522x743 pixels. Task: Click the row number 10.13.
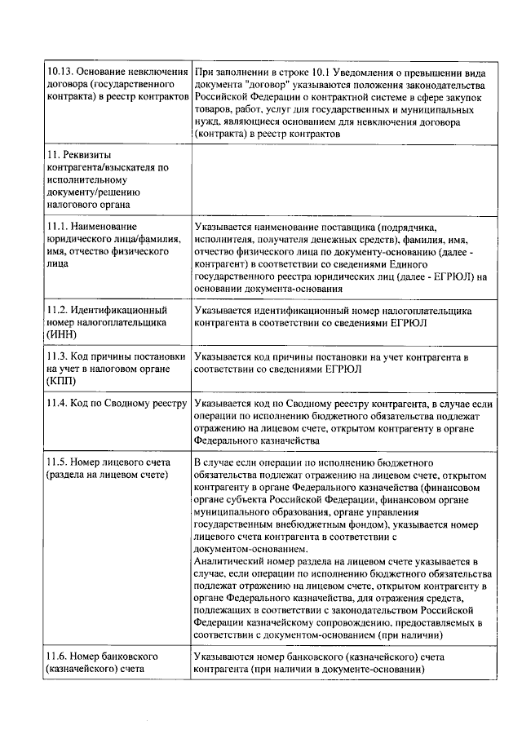(60, 73)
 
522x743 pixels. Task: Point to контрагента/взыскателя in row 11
(102, 167)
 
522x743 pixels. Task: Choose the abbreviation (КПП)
(62, 380)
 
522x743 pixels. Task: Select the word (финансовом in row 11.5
(446, 488)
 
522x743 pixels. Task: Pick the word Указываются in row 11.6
(224, 657)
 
